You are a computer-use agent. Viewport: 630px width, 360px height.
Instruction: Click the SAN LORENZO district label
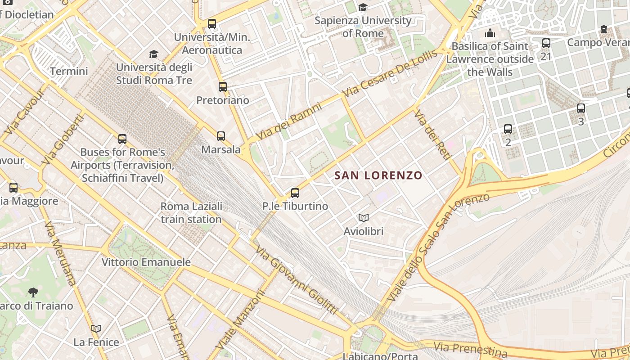click(378, 175)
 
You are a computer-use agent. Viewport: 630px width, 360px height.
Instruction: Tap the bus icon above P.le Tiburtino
click(295, 193)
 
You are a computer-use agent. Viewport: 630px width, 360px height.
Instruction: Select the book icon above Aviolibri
click(364, 218)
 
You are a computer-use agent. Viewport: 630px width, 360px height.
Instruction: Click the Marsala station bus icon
click(220, 136)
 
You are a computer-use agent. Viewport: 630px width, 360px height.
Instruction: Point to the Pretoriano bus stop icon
click(223, 87)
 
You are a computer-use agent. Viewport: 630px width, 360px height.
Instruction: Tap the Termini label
click(69, 71)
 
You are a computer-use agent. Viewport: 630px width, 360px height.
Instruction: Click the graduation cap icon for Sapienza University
click(363, 7)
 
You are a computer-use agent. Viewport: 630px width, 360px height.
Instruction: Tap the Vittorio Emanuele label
click(146, 262)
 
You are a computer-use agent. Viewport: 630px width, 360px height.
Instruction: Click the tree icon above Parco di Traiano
click(33, 292)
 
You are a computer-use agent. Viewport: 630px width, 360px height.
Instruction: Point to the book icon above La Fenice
click(96, 329)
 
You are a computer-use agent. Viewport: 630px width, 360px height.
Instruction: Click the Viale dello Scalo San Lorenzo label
click(436, 248)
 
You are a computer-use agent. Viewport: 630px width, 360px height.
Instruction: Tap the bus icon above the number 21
click(546, 43)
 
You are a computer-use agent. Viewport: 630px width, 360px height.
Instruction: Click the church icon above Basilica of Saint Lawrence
click(490, 33)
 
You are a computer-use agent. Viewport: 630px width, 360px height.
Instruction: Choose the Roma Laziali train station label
click(191, 213)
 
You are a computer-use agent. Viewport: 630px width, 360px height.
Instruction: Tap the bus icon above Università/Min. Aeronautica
click(212, 24)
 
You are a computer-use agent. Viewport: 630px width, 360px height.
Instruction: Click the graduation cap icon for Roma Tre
click(154, 54)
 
